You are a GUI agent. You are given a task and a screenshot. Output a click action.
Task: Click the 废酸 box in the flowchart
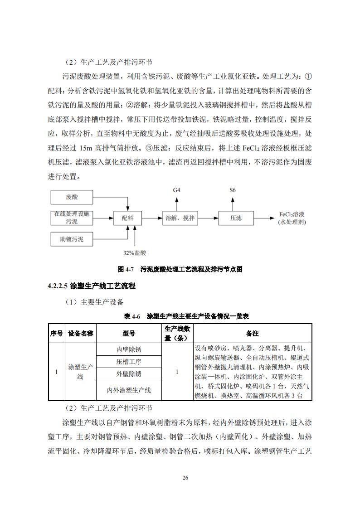click(72, 197)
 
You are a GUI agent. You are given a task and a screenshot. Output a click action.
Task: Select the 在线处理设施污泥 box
click(72, 218)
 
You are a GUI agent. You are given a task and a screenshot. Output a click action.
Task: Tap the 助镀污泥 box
click(72, 238)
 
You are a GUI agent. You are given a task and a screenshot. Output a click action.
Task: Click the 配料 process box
click(127, 218)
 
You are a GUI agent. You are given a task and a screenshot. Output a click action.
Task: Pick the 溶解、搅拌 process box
click(180, 218)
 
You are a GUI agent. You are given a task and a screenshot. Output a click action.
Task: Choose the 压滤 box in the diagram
click(236, 218)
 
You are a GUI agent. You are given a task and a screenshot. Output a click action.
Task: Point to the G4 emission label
click(177, 190)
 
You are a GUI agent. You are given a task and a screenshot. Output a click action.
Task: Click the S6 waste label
click(233, 190)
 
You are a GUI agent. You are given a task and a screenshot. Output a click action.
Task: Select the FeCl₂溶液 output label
click(292, 218)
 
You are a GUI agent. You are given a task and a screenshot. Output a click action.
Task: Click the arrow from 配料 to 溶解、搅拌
click(152, 218)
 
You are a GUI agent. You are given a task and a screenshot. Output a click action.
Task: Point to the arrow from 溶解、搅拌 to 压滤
click(208, 218)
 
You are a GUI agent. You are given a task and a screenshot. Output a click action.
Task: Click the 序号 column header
click(56, 333)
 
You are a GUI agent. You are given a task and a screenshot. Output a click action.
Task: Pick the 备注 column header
click(252, 333)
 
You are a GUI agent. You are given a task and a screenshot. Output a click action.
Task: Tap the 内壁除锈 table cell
click(128, 349)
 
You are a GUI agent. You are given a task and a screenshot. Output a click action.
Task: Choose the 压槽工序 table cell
click(128, 362)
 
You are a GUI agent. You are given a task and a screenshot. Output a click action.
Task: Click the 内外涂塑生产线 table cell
click(128, 390)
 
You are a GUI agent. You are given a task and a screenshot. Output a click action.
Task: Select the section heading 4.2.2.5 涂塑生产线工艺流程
click(92, 286)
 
